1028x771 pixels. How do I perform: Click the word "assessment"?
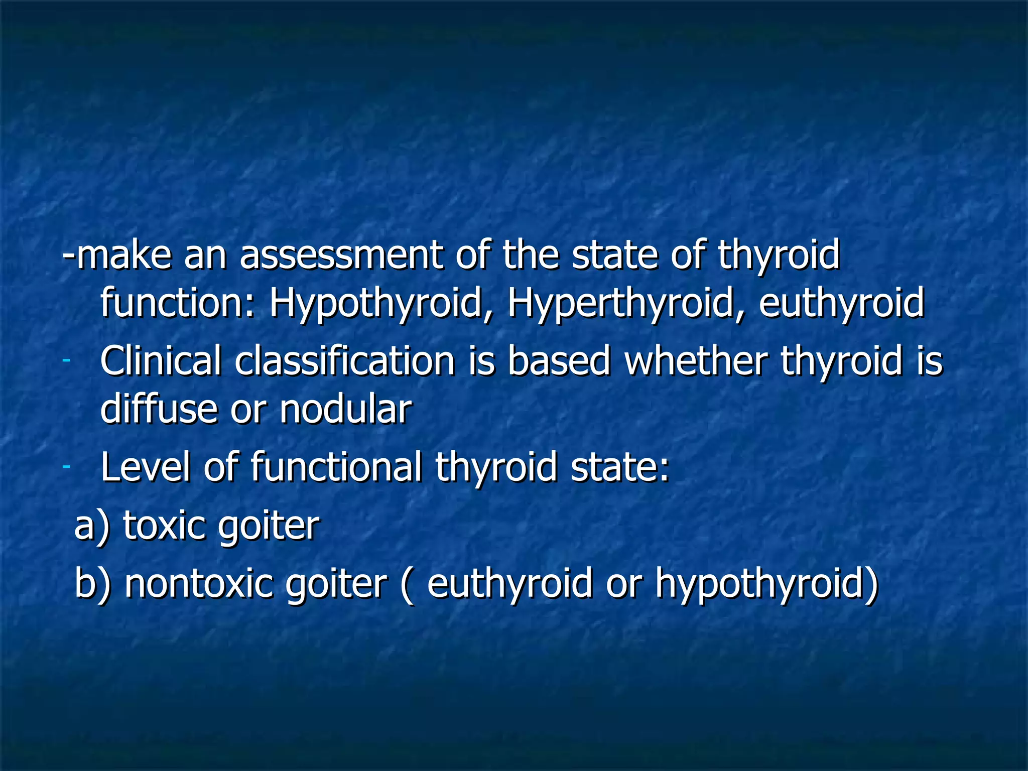click(x=341, y=254)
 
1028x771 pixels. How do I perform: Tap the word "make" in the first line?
click(x=123, y=254)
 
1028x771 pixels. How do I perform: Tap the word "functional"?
click(x=336, y=466)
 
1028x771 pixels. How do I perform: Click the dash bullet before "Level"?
click(x=66, y=467)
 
